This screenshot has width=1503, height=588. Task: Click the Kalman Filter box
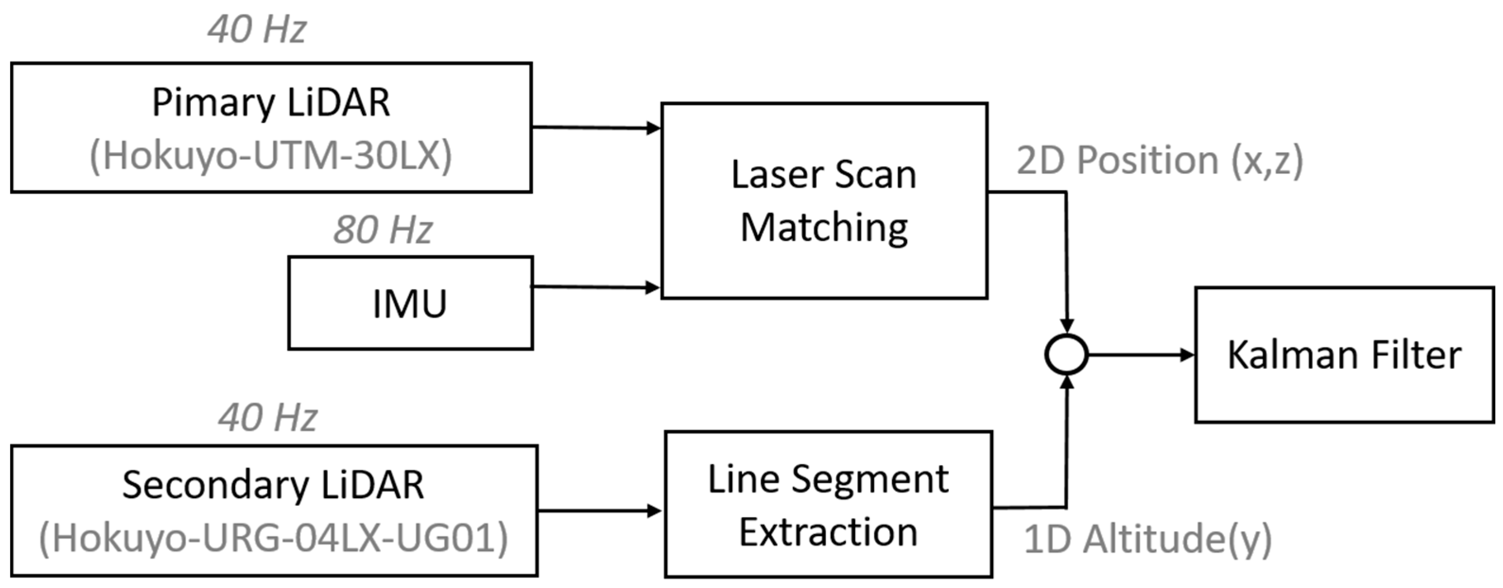coord(1344,355)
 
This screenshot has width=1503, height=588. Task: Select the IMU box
coord(410,303)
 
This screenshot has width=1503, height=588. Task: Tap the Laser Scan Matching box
coord(824,200)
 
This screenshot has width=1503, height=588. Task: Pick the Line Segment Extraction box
coord(828,504)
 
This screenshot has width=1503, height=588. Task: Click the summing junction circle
coord(1066,355)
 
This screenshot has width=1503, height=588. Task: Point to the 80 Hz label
coord(383,229)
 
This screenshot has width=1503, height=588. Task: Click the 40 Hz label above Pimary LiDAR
coord(257,29)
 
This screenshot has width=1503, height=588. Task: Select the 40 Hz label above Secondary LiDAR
coord(268,417)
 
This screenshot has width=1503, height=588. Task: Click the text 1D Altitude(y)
coord(1148,538)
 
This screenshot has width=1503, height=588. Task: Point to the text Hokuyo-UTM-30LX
coord(271,156)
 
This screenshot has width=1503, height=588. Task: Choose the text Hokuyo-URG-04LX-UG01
coord(274,538)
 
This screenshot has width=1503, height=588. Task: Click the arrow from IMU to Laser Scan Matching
coord(595,287)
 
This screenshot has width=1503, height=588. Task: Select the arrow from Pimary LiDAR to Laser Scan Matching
coord(595,127)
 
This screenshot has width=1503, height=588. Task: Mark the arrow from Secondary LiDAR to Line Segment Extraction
coord(600,511)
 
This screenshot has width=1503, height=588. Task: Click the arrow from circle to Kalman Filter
coord(1141,355)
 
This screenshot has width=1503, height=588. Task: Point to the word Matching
coord(824,227)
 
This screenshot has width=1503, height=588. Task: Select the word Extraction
coord(828,532)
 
